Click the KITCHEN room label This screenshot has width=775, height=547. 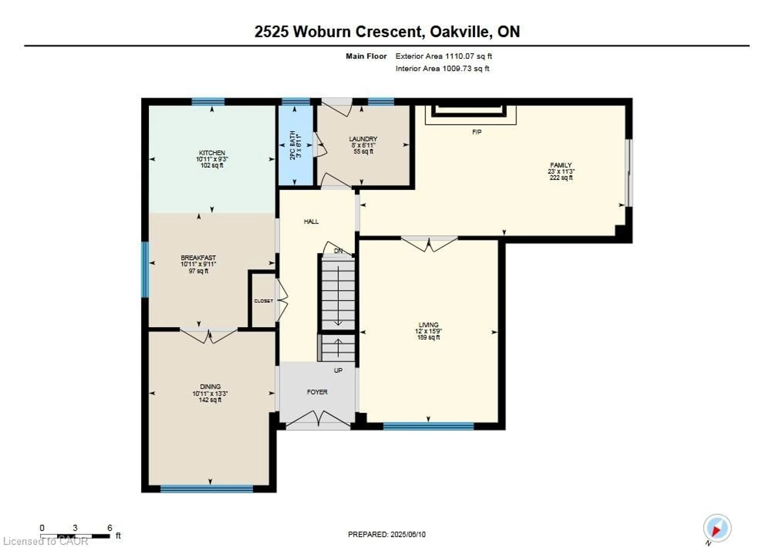[212, 153]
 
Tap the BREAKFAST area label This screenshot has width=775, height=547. [198, 258]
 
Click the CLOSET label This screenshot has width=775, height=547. [263, 301]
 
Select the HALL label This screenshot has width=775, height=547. [311, 222]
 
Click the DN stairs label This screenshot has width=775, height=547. [338, 251]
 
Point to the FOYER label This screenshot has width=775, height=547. [317, 392]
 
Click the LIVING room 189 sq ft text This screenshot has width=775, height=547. [428, 337]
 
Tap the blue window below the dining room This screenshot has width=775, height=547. [207, 489]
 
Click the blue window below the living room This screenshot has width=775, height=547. [428, 426]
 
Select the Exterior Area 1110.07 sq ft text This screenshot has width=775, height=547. [444, 56]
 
